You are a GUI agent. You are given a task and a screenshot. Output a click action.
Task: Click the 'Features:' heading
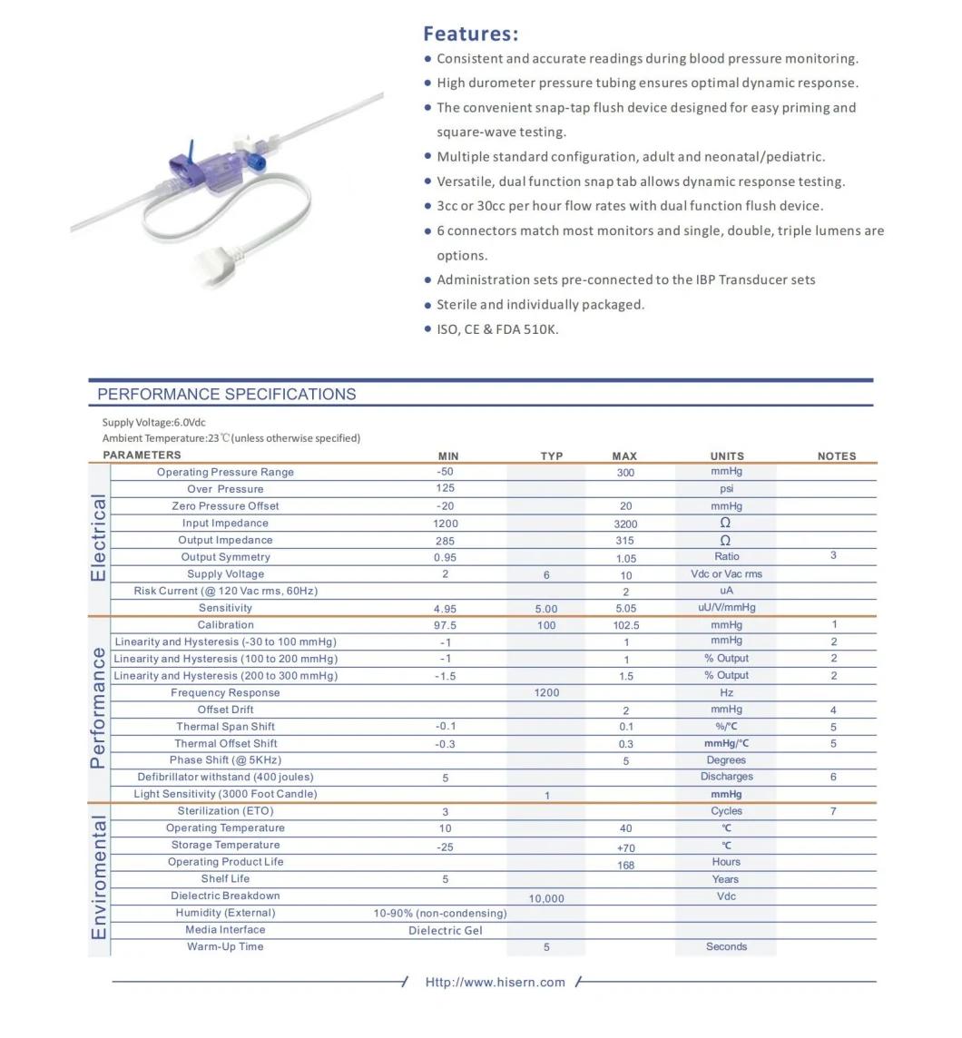(x=470, y=34)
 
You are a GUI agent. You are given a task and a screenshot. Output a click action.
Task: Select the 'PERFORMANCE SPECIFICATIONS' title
(x=226, y=395)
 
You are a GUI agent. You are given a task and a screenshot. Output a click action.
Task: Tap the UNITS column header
(x=726, y=456)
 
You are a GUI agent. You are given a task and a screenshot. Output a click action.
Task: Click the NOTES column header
(x=836, y=456)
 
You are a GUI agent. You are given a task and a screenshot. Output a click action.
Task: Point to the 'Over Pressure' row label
(x=225, y=489)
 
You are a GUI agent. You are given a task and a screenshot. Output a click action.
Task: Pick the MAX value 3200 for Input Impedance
(x=625, y=524)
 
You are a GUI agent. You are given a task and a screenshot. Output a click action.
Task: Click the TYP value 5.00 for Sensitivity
(x=546, y=609)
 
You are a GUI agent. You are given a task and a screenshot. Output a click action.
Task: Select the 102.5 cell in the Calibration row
(x=625, y=625)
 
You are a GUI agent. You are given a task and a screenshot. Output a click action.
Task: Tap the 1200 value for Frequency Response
(x=546, y=693)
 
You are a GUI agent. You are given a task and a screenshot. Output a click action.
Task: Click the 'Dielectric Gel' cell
(x=445, y=931)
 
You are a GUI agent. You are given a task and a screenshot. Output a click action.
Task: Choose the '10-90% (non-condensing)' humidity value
(x=440, y=914)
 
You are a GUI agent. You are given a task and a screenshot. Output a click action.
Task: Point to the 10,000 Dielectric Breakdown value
(x=546, y=898)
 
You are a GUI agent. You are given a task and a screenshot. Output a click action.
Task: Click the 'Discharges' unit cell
(x=726, y=777)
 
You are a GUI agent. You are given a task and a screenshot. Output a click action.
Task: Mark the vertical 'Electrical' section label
(x=98, y=538)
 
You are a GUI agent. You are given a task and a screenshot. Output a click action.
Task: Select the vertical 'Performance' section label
(x=98, y=709)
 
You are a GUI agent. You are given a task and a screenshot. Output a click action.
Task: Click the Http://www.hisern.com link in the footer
(x=495, y=982)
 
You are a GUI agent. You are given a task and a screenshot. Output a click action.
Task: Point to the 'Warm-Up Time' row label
(x=225, y=947)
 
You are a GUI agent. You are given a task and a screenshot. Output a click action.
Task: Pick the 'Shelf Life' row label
(x=225, y=879)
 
